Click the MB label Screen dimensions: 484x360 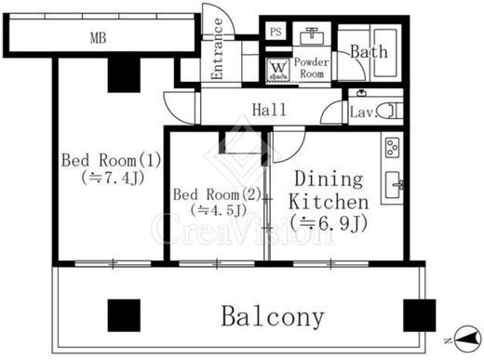tap(99, 38)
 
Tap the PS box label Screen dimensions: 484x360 tap(276, 32)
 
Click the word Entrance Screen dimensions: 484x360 tap(217, 48)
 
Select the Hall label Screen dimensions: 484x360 tap(269, 110)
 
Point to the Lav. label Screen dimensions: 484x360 tap(364, 113)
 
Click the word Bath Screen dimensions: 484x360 tap(369, 52)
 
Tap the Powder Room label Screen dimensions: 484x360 tap(312, 68)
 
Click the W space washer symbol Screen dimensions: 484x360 tap(278, 70)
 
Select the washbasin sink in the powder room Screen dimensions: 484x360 tap(312, 36)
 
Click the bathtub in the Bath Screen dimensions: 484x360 tap(385, 52)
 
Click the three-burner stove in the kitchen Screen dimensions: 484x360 tap(392, 147)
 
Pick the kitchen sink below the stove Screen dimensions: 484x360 tap(394, 185)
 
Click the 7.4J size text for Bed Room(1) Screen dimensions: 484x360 tap(114, 178)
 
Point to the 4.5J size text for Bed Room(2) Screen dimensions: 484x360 tap(219, 210)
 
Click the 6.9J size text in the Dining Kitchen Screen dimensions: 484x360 tap(329, 222)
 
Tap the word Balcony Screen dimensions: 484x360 tap(273, 316)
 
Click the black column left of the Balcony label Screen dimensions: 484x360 tap(124, 315)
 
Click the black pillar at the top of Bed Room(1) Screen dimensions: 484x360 tap(124, 74)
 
